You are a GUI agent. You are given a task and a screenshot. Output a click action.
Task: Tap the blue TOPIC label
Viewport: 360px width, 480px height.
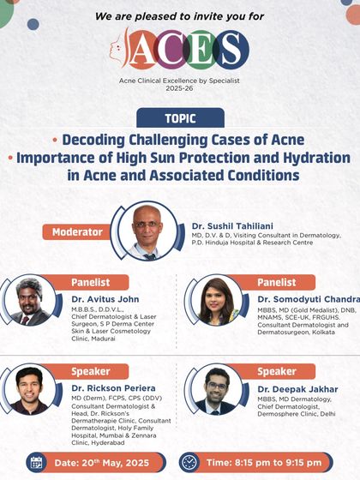pos(180,118)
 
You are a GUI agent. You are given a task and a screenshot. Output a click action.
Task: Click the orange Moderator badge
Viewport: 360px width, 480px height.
pos(77,231)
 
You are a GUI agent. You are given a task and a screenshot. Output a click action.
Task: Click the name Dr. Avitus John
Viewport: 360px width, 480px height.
pos(105,299)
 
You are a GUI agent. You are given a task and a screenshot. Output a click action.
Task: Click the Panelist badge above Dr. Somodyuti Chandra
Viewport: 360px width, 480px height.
pos(278,282)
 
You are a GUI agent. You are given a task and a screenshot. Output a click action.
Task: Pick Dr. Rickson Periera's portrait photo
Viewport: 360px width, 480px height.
pos(30,390)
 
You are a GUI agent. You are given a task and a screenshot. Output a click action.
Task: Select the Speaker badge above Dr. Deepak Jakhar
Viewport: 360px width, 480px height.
pos(278,371)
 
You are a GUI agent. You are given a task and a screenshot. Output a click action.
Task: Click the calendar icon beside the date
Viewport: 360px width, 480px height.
pos(36,463)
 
